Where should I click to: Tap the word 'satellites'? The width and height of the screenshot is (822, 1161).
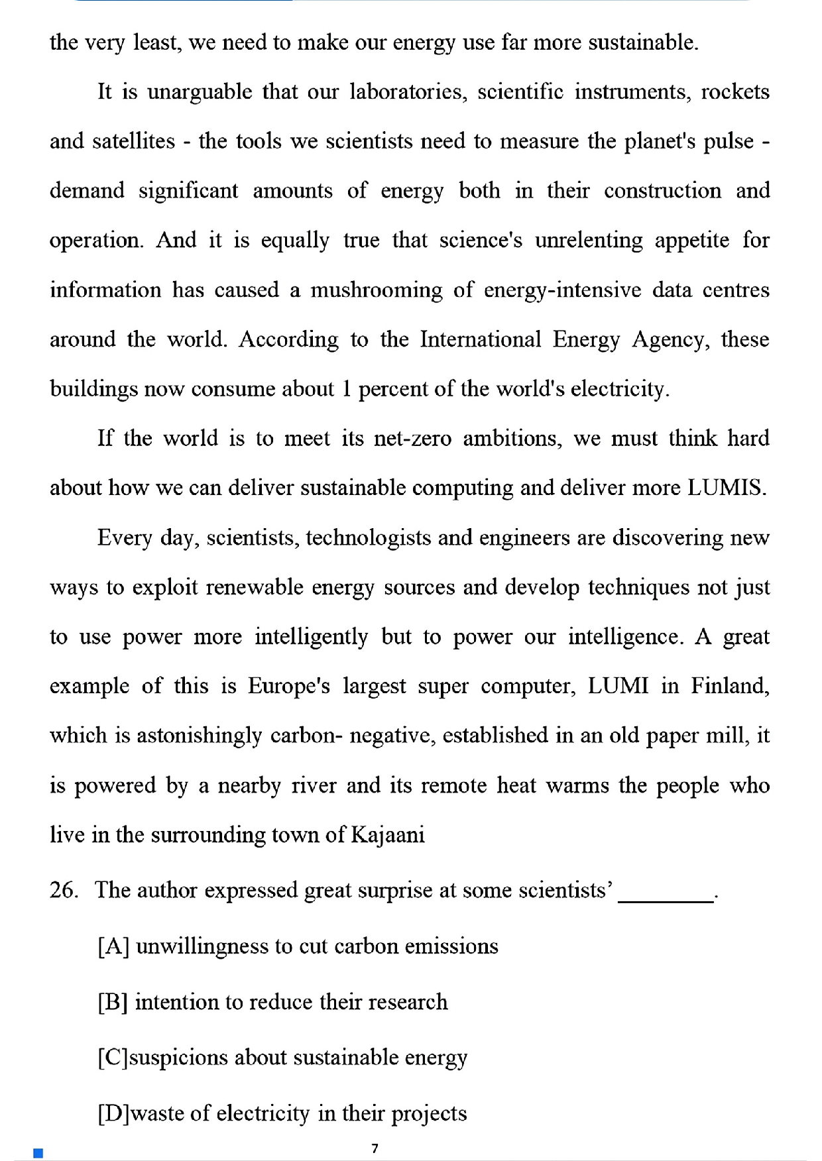(133, 141)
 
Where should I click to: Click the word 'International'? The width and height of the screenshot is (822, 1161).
(481, 339)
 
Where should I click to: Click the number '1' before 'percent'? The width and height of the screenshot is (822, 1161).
(346, 388)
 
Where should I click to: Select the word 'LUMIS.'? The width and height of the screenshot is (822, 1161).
(727, 488)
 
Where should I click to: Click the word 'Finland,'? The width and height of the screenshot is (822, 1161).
(730, 686)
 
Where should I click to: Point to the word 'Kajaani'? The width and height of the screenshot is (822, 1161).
(387, 834)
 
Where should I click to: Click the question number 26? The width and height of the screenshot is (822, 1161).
(64, 890)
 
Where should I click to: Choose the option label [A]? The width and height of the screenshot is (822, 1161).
(113, 946)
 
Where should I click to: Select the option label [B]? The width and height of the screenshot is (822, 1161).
(113, 1002)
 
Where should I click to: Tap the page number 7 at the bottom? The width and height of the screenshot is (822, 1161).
(375, 1148)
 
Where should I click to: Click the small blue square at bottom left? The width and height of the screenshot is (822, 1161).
(38, 1153)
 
